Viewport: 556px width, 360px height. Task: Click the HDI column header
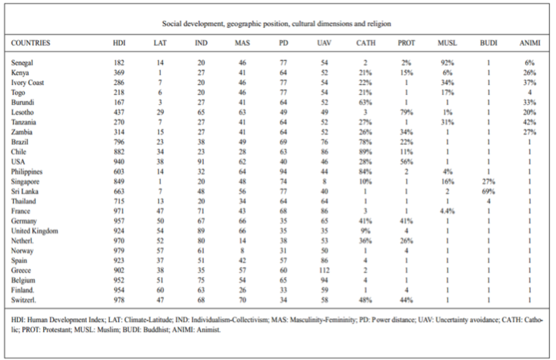click(x=119, y=43)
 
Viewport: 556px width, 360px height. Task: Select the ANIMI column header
click(x=530, y=43)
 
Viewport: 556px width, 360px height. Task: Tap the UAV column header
click(x=324, y=43)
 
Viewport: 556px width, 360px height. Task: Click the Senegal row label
click(x=22, y=63)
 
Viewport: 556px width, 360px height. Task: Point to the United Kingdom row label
click(x=35, y=231)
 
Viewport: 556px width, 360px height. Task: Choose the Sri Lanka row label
click(x=25, y=192)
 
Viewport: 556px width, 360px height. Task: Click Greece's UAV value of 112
click(x=324, y=270)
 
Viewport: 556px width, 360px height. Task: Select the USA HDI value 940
click(x=119, y=161)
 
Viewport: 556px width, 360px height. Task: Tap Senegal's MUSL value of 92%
click(x=447, y=63)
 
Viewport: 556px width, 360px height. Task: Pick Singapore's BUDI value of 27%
click(x=488, y=182)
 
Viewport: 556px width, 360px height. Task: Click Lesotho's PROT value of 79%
click(x=406, y=112)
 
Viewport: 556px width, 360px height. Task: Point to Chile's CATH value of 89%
click(x=365, y=152)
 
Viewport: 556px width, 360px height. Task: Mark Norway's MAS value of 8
click(x=242, y=251)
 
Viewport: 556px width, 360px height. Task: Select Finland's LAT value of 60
click(x=160, y=290)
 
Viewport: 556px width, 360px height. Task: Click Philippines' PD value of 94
click(x=283, y=172)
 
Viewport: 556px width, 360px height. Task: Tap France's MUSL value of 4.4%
click(x=447, y=211)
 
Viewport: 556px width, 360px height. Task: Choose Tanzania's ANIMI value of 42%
click(x=529, y=122)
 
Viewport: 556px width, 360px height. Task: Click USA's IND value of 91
click(x=201, y=161)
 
